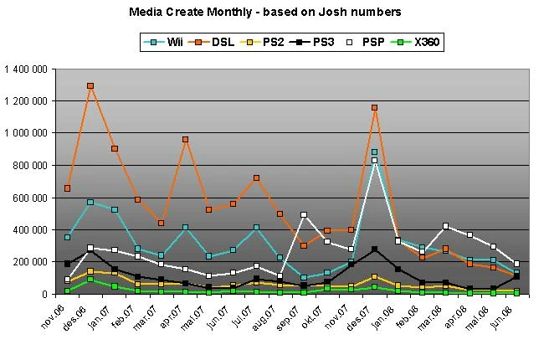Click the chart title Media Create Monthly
(x=265, y=12)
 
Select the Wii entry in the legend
(x=171, y=40)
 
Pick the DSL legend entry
(x=220, y=40)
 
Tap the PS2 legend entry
(x=271, y=40)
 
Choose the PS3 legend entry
(x=321, y=40)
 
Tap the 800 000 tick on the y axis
(x=32, y=165)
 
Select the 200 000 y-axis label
(x=32, y=261)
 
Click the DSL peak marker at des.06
(x=90, y=86)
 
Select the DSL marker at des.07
(x=375, y=108)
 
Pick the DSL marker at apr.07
(x=185, y=140)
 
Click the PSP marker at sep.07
(x=304, y=215)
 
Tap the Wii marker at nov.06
(x=67, y=238)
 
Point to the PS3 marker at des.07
(x=375, y=249)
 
